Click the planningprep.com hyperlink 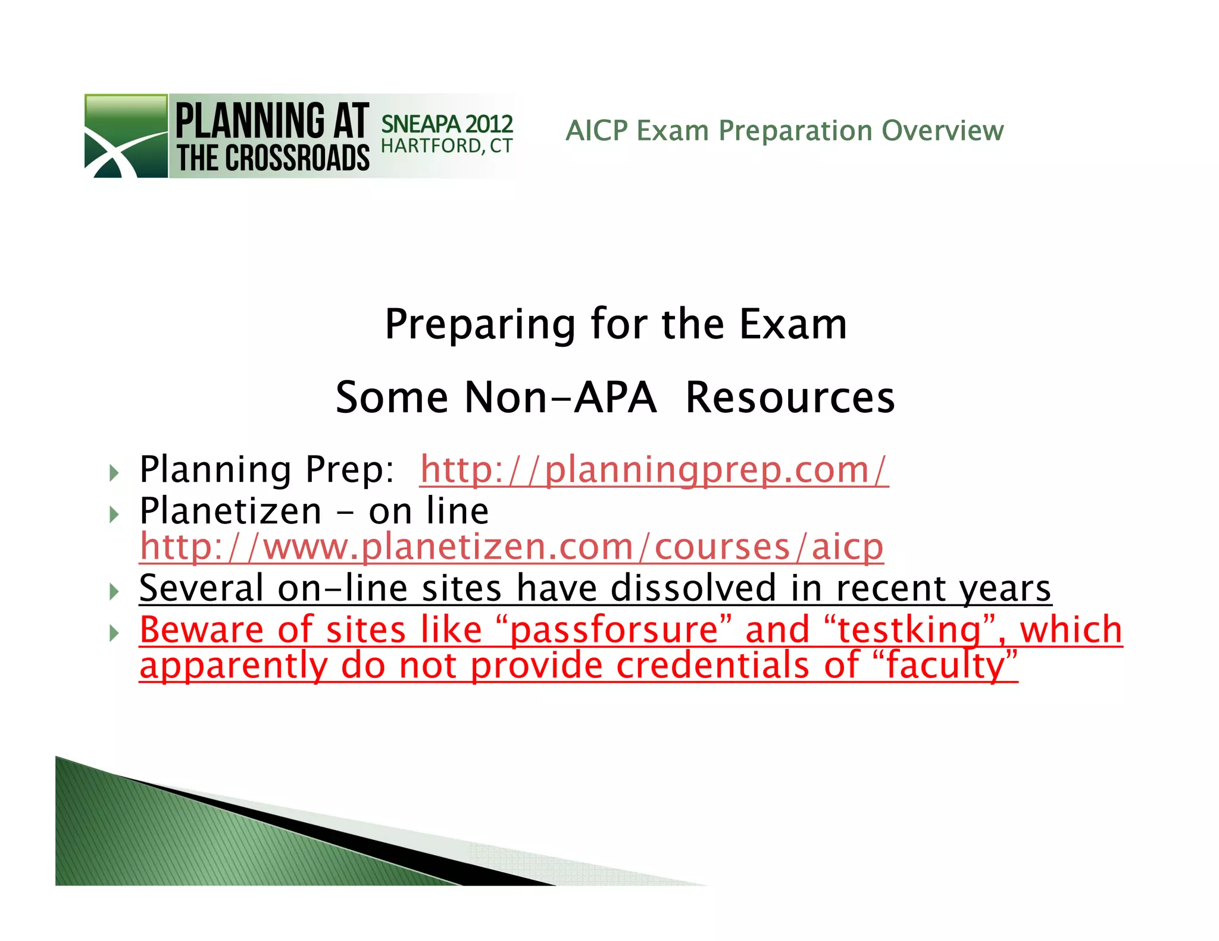654,470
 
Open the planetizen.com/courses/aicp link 511,547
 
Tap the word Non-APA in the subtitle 561,397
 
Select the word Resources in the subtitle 790,397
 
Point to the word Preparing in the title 480,325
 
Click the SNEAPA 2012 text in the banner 446,124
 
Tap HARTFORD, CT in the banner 446,146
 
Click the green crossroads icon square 126,136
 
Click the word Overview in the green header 942,130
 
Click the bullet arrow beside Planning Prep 114,473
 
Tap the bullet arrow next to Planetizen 114,514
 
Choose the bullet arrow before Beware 114,633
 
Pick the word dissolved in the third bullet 693,588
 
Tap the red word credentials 712,666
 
